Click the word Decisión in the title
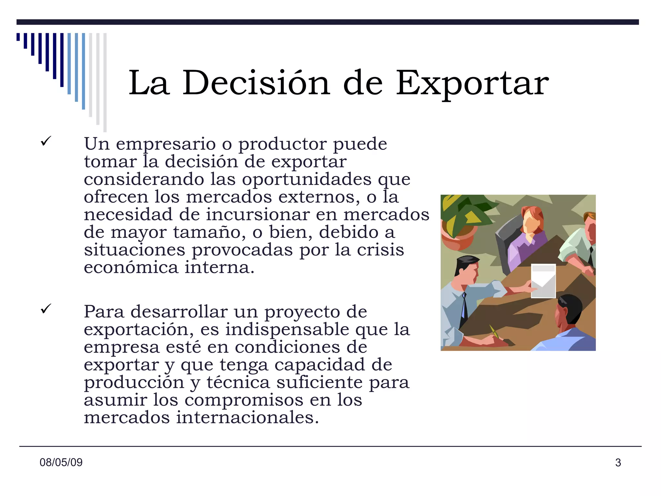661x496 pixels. (x=256, y=83)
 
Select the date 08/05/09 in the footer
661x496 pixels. (x=61, y=462)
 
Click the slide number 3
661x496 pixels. (x=618, y=463)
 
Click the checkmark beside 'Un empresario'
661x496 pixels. (x=46, y=141)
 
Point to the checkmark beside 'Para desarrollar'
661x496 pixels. (x=46, y=309)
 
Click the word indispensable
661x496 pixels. (x=287, y=330)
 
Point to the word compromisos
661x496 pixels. (x=244, y=400)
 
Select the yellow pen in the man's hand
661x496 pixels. (x=494, y=331)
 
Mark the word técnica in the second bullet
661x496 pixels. (x=238, y=382)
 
